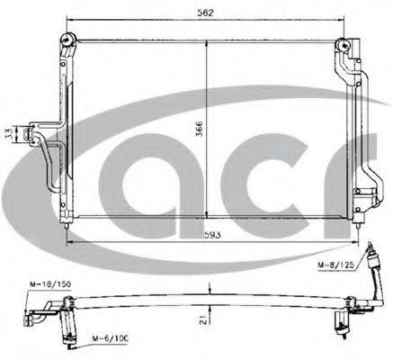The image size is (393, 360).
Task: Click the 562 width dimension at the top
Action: (208, 13)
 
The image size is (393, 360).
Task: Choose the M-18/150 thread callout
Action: (40, 283)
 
